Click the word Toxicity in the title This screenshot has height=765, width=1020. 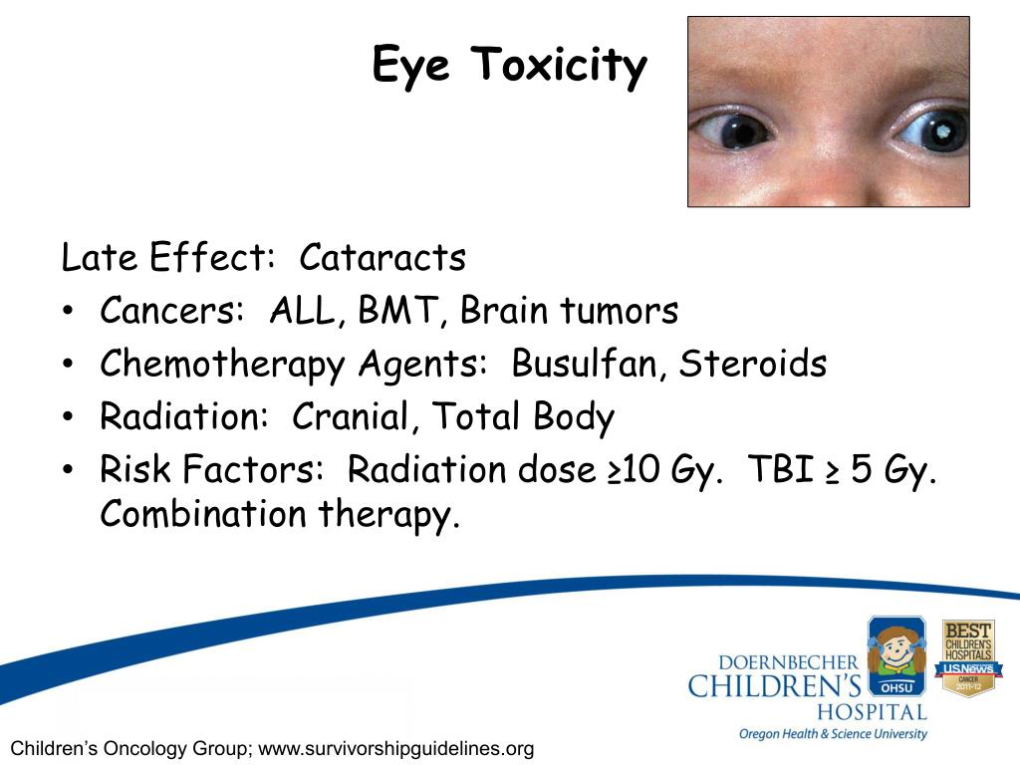point(560,67)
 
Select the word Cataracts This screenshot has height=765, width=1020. point(382,258)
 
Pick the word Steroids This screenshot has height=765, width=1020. point(753,364)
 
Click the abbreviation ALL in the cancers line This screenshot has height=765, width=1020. point(306,311)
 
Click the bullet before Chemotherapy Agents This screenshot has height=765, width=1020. point(67,365)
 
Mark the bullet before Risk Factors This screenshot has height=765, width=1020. point(67,471)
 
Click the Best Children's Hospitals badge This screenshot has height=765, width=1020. point(968,657)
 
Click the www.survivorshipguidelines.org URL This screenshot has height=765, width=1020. point(396,748)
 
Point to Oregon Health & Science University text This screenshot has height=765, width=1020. point(833,734)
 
